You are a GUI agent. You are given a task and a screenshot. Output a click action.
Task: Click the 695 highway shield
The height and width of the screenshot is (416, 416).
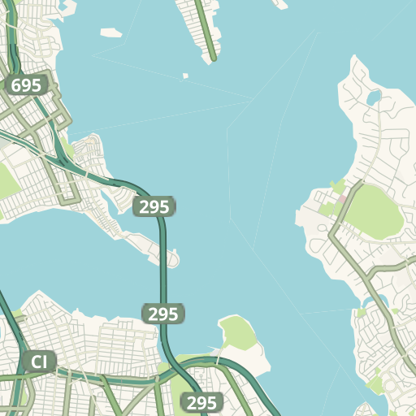[27, 86]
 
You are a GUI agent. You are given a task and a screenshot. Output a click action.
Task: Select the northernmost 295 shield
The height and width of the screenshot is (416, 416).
[154, 206]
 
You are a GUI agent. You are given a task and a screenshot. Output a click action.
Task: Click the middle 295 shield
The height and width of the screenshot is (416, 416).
[163, 314]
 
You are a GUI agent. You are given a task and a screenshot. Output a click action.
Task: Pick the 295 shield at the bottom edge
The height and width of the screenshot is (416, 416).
[201, 402]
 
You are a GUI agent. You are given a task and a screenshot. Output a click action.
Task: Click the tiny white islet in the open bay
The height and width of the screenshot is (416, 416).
[185, 76]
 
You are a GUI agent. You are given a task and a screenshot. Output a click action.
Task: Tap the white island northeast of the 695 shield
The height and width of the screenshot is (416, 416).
[110, 33]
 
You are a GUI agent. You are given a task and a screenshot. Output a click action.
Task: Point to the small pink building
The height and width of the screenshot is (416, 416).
[342, 197]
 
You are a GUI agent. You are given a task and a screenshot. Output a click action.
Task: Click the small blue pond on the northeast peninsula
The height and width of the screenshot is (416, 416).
[374, 97]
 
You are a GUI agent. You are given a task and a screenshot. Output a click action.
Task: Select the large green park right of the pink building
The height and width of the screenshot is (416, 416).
[375, 210]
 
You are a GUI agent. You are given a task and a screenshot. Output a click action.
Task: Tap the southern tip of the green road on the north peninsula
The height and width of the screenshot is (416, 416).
[214, 58]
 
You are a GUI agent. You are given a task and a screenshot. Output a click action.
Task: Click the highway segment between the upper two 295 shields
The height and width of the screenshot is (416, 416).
[162, 260]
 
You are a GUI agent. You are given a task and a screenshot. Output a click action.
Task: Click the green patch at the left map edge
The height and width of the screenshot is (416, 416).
[6, 181]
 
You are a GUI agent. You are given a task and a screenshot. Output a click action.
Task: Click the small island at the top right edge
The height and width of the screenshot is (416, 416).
[280, 4]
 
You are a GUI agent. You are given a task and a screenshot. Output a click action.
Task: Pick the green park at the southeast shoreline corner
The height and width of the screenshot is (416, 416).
[376, 382]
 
